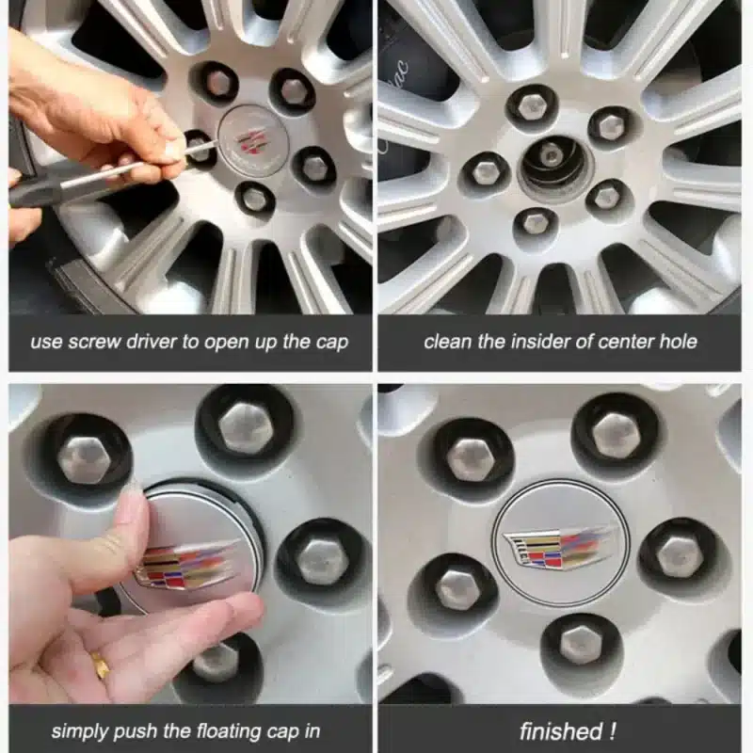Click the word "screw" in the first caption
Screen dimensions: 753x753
[94, 343]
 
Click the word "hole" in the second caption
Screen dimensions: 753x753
[678, 342]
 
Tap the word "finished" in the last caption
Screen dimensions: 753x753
[561, 731]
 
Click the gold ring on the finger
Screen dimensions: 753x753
[101, 665]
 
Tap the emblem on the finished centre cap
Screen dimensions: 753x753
[558, 547]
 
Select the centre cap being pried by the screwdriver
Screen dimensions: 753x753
[253, 140]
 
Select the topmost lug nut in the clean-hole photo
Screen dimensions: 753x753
[531, 104]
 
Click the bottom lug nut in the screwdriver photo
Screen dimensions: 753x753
[253, 197]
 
